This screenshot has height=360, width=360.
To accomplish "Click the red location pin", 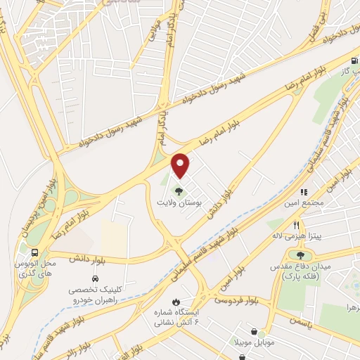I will pyautogui.click(x=181, y=165).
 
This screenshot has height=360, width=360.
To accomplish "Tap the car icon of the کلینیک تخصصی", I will pyautogui.click(x=105, y=279).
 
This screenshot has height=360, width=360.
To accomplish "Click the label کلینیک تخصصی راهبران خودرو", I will pyautogui.click(x=103, y=295).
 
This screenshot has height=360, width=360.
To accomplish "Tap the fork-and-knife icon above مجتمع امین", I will pyautogui.click(x=304, y=191).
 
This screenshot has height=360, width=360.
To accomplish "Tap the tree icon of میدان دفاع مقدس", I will pyautogui.click(x=302, y=255).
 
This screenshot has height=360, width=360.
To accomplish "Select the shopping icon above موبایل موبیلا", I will pyautogui.click(x=254, y=332).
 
